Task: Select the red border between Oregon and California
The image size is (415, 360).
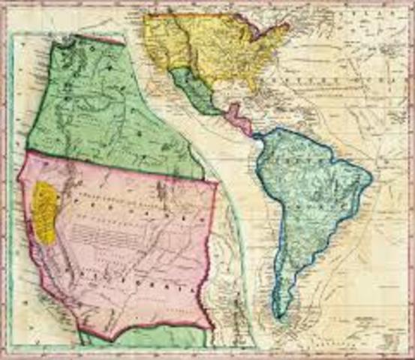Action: click(113, 166)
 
